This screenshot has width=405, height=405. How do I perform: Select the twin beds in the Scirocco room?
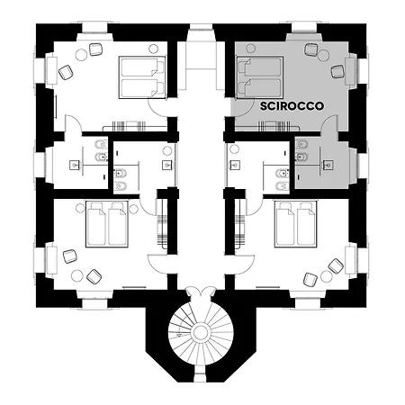click(259, 76)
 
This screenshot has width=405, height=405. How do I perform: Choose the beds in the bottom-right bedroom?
click(297, 224)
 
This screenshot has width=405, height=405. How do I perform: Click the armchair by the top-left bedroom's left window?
click(65, 70)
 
